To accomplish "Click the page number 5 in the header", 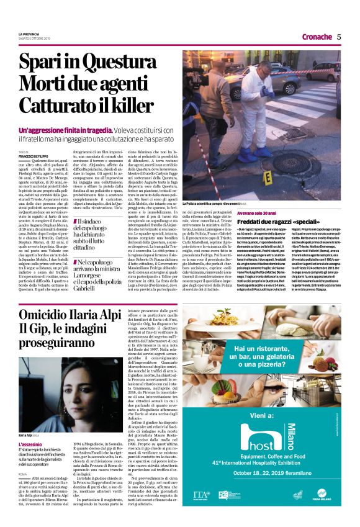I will coord(339,36).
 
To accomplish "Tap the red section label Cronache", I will coord(317,36).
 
